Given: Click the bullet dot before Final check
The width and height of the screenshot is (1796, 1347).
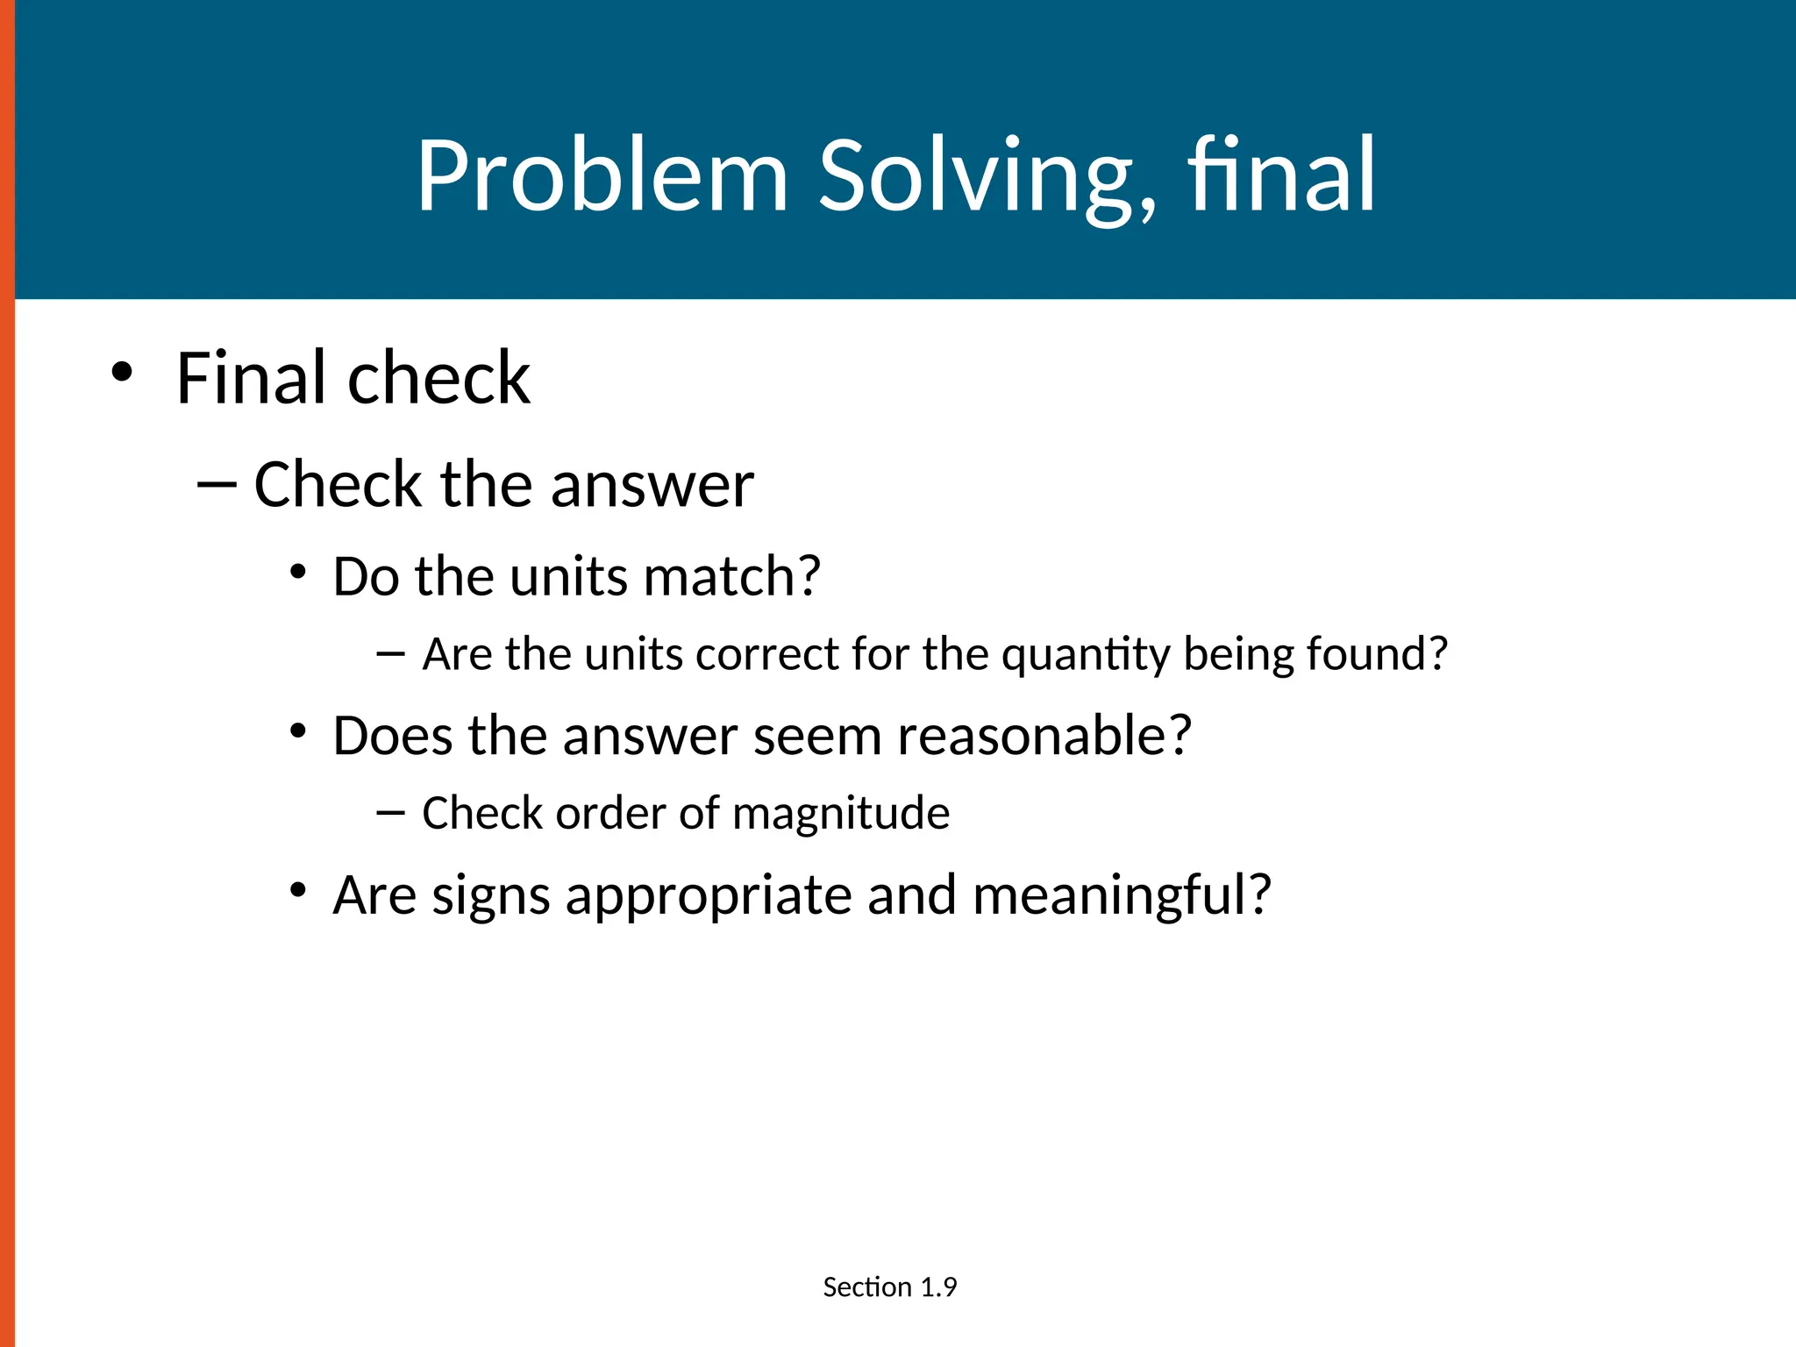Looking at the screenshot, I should coord(122,372).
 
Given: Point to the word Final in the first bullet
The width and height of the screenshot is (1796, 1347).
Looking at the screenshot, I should coord(251,378).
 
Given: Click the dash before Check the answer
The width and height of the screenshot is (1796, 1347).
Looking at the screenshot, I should coord(217,485).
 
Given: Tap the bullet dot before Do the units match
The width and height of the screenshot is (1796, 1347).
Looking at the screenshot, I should coord(298,573).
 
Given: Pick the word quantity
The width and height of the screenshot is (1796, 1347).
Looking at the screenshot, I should coord(1086,654).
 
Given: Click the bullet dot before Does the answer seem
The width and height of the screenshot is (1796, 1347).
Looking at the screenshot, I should coord(298,731).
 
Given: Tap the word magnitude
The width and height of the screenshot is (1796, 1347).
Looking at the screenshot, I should coord(841,813).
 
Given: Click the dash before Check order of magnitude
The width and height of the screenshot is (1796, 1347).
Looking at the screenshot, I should coord(390,813).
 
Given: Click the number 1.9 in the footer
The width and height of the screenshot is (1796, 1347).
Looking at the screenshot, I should coord(938,1287).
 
